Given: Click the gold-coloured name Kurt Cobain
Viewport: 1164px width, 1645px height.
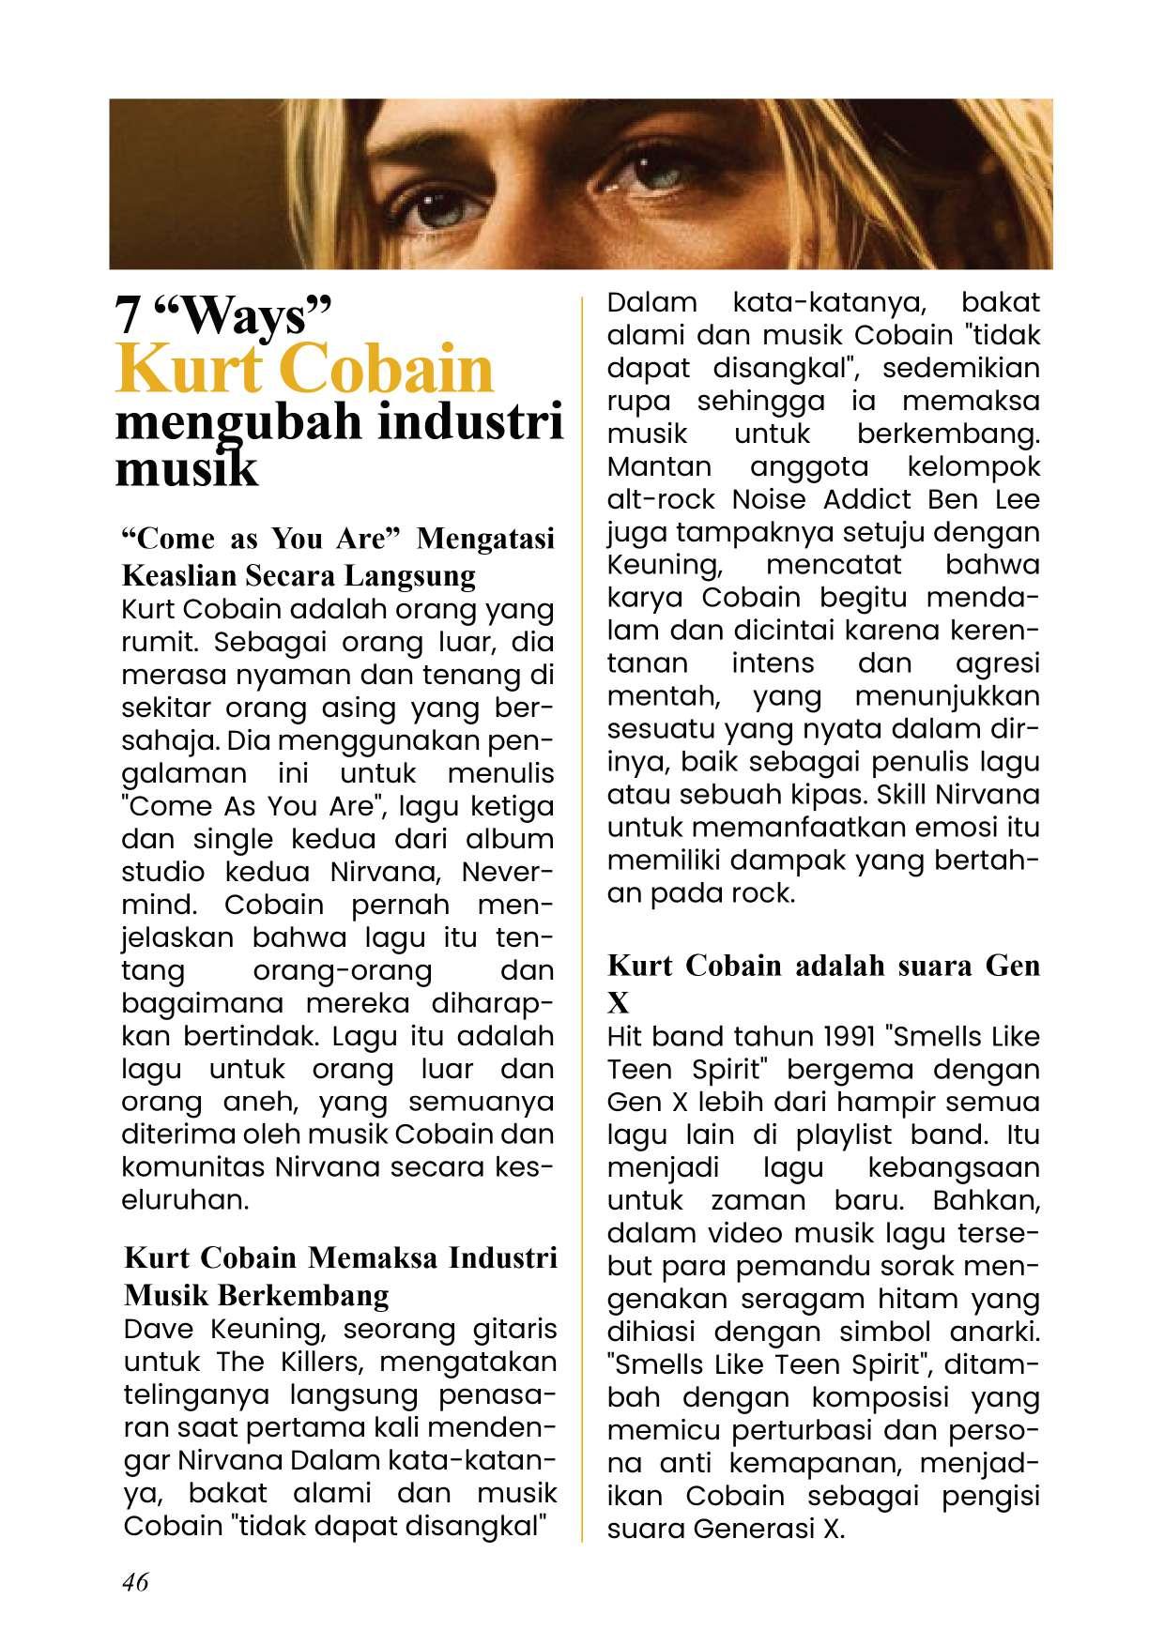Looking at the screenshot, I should pyautogui.click(x=304, y=369).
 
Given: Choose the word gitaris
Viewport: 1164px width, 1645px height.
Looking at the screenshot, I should pyautogui.click(x=515, y=1329).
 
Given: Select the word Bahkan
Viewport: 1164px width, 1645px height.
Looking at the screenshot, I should pyautogui.click(x=987, y=1200).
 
